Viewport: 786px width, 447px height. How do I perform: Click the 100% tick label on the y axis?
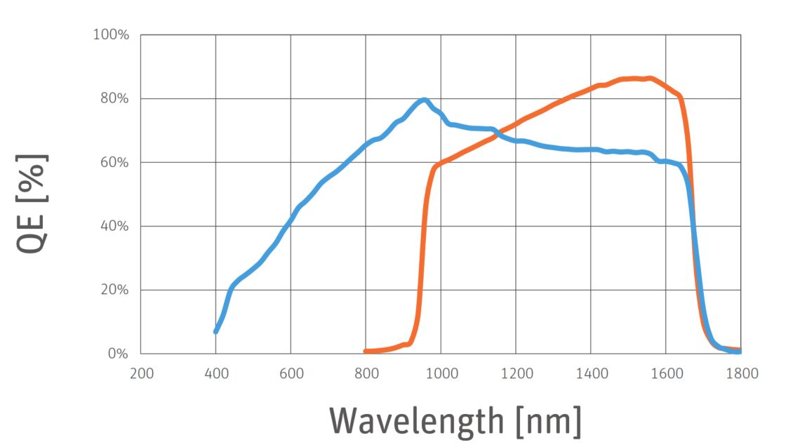click(112, 34)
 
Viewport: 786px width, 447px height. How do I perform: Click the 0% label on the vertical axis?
click(117, 354)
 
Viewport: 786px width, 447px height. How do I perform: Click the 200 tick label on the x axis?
click(141, 373)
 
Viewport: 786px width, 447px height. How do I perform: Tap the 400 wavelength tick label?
click(215, 373)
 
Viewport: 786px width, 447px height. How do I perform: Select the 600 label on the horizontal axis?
click(291, 373)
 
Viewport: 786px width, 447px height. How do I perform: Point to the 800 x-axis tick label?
click(366, 373)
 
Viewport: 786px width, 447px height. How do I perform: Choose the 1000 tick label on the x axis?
click(440, 373)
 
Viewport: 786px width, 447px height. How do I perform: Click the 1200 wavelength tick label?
click(515, 373)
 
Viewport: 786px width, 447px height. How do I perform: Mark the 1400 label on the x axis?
click(590, 373)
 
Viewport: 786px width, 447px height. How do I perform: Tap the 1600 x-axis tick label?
click(665, 373)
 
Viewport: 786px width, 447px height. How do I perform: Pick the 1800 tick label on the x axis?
click(740, 373)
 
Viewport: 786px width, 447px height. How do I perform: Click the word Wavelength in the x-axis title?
click(417, 421)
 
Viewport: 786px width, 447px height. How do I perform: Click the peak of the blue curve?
click(423, 100)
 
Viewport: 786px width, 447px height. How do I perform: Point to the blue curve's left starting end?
click(216, 331)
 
